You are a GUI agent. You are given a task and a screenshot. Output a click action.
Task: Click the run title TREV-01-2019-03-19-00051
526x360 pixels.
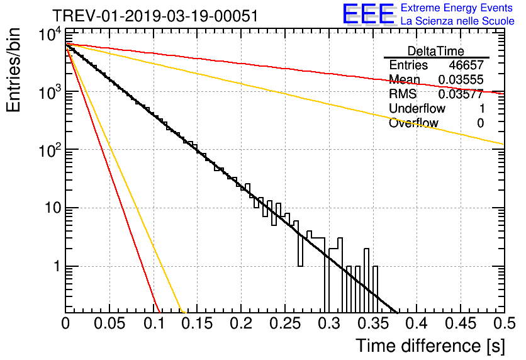coord(155,16)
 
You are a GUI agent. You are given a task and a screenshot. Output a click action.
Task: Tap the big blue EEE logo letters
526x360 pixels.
coord(368,15)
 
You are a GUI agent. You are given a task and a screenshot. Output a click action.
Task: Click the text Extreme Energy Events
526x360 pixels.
coord(457,8)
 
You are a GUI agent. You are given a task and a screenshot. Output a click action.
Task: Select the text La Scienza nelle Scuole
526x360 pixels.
coord(457,21)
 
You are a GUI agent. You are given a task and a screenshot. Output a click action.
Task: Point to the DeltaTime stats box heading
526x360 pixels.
coord(436,51)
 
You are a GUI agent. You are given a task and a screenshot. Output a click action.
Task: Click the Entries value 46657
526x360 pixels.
coord(466,65)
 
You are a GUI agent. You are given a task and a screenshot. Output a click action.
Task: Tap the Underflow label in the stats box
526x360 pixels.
coord(417,109)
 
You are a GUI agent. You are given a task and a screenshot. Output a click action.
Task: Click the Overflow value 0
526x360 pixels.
coord(480,123)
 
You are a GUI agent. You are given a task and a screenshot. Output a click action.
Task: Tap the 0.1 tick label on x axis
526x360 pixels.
coord(153,324)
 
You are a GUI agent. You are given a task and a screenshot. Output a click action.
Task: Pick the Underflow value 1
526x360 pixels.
coord(480,109)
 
